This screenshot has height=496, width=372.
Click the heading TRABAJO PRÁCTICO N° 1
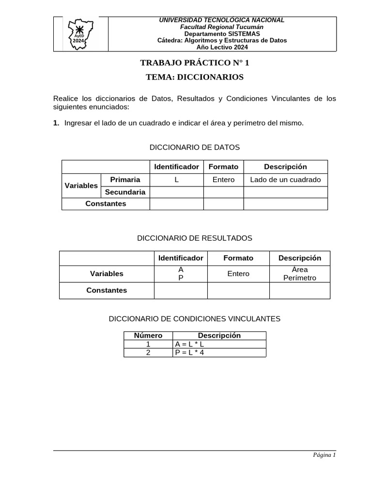click(x=195, y=62)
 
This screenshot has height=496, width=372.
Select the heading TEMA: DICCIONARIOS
click(x=195, y=77)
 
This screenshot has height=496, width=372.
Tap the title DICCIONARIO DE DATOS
click(x=195, y=147)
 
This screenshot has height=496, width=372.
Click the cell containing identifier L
click(x=176, y=180)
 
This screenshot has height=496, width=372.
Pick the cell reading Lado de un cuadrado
click(x=285, y=180)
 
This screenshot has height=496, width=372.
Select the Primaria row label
click(x=125, y=180)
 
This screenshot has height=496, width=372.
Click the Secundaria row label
click(x=125, y=192)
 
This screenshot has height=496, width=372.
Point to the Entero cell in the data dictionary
click(x=223, y=180)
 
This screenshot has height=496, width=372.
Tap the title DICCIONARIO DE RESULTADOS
click(x=195, y=238)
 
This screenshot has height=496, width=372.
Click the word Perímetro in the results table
click(x=299, y=278)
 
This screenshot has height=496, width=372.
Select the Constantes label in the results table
click(x=107, y=290)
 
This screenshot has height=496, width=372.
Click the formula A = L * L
click(x=190, y=344)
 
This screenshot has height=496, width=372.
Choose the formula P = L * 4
click(x=190, y=353)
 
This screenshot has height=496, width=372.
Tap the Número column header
click(x=148, y=335)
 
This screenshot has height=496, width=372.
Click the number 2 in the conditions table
click(x=148, y=353)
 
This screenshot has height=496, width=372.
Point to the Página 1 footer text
click(x=324, y=455)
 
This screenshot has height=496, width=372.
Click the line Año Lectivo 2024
click(x=222, y=47)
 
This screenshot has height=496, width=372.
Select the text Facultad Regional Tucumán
click(x=222, y=27)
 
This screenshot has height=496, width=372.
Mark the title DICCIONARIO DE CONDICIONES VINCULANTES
click(x=195, y=319)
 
